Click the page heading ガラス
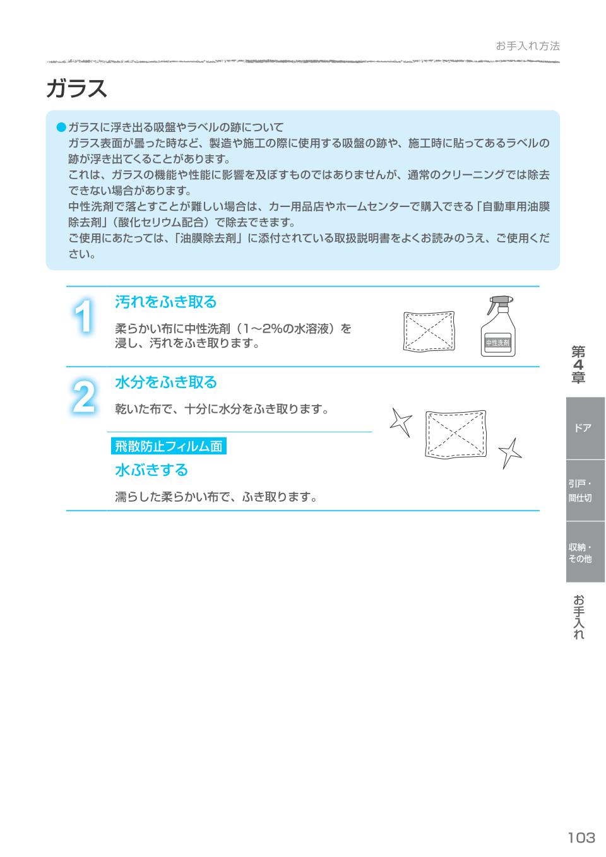coord(76,89)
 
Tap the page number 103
coord(581,837)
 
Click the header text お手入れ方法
coord(527,46)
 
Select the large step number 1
coord(83,317)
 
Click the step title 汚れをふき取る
coord(165,302)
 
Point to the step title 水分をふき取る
coord(165,382)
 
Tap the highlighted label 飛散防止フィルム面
coord(169,446)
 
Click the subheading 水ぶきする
coord(151,470)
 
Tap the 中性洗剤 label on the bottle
coord(497,343)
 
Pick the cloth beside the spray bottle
coord(429,331)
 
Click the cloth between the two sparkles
coord(456,433)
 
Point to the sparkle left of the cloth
coord(400,421)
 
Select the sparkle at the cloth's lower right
coord(510,452)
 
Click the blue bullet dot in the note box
coord(61,127)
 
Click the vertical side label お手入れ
coord(578,617)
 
